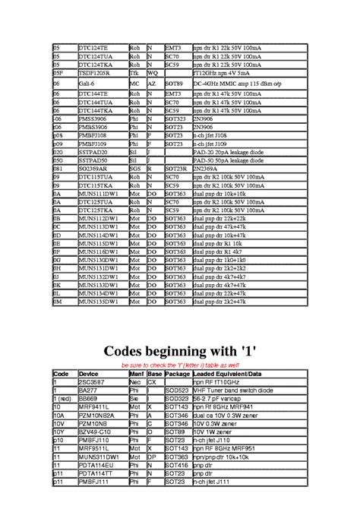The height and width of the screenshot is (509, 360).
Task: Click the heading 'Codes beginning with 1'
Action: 179,351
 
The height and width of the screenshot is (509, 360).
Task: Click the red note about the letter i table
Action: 179,365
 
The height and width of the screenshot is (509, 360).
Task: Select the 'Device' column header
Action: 89,375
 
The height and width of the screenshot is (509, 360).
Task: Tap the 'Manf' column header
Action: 137,375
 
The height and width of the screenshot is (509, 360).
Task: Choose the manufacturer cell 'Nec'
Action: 134,382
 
